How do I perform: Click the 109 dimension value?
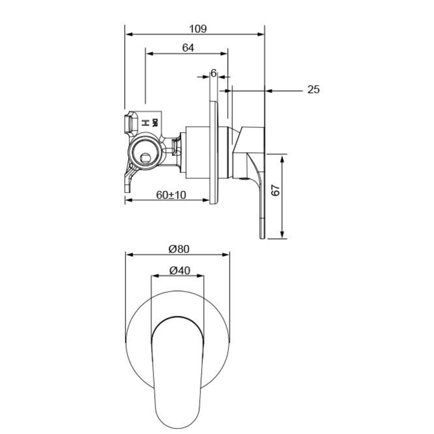click(197, 29)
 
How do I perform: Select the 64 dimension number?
click(188, 48)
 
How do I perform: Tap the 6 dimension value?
click(213, 73)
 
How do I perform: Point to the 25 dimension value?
click(313, 90)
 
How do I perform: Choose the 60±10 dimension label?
click(171, 195)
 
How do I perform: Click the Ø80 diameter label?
click(179, 249)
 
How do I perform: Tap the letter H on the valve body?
click(145, 123)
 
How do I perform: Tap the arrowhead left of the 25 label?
click(269, 91)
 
